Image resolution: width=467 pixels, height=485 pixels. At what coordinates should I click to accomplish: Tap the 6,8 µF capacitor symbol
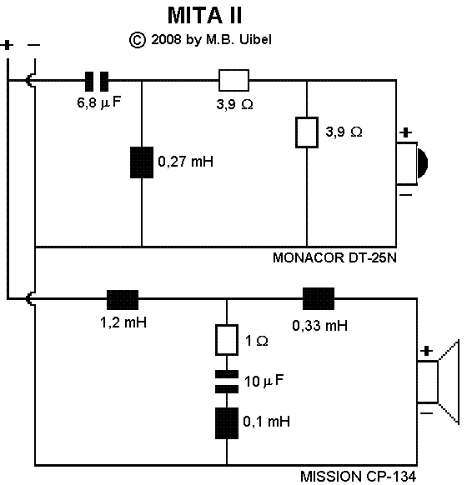[98, 81]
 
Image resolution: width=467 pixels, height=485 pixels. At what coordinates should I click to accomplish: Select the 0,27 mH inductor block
[142, 162]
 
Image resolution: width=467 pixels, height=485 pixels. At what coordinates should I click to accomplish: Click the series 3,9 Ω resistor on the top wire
[233, 81]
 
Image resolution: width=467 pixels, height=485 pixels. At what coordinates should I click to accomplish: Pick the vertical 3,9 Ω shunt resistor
[309, 132]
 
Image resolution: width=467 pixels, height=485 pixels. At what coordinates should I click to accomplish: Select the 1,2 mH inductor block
[122, 298]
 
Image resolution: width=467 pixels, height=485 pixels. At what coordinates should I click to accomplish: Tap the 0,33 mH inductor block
[319, 298]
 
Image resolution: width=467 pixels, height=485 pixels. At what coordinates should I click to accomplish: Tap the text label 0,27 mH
[185, 162]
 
